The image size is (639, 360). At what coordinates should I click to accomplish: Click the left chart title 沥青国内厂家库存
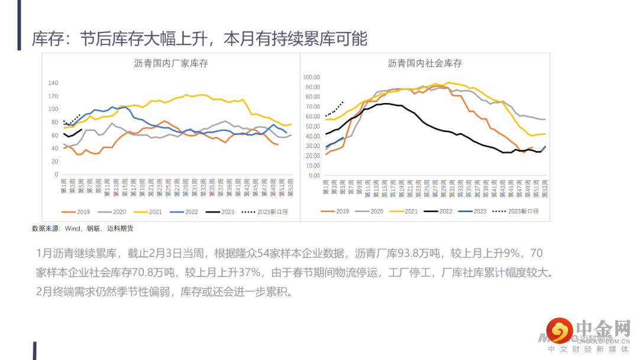171,63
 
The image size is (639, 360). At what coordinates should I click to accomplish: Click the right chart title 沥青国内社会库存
425,63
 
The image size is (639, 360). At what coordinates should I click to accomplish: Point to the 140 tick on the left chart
53,83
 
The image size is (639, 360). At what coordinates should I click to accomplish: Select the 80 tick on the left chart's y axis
54,123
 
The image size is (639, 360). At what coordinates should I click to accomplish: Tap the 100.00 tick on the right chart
311,77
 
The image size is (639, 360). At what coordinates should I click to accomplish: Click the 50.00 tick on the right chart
313,126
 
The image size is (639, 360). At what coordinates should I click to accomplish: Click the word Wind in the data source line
73,228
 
